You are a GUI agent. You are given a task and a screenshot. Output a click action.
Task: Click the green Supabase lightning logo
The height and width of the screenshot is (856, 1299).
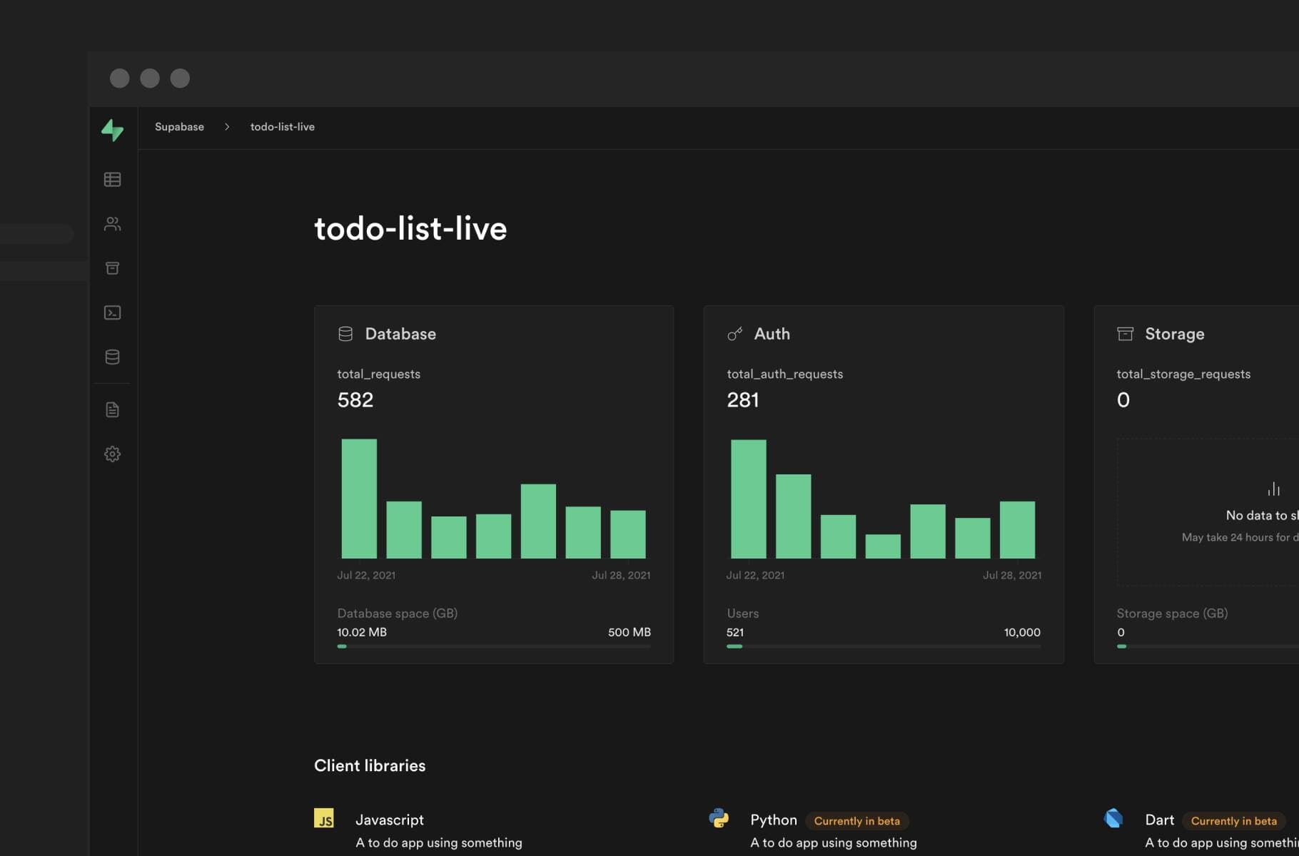point(112,130)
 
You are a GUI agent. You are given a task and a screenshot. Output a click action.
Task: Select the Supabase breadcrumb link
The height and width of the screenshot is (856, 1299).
point(179,127)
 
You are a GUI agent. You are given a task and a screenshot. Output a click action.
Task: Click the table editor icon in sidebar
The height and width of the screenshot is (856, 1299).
point(112,180)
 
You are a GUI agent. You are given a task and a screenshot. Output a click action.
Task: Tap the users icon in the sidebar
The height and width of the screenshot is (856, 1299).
point(112,224)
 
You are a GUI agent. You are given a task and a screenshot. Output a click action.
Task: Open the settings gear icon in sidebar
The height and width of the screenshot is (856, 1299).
point(112,454)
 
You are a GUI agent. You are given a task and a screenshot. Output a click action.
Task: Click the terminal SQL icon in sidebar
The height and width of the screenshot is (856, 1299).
point(112,313)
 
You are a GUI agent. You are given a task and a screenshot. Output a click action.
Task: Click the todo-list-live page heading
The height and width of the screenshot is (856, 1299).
point(410,229)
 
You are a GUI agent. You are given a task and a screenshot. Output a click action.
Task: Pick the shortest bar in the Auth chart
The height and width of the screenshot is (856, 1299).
point(883,546)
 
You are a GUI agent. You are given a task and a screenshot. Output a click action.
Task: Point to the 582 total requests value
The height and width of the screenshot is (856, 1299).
point(355,400)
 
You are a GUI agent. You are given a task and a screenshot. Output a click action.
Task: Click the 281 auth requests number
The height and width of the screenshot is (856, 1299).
point(742,400)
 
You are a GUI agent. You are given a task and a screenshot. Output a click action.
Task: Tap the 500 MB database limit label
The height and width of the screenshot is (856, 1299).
point(629,633)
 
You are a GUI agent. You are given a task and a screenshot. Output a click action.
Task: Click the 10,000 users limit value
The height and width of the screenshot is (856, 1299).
point(1021,633)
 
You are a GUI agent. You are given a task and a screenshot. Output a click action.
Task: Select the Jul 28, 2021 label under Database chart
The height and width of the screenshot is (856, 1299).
point(621,576)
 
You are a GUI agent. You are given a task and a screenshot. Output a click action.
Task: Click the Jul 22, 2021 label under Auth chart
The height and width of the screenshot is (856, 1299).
point(755,576)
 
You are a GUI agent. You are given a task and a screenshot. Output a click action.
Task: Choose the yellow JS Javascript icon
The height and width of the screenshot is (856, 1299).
point(324,818)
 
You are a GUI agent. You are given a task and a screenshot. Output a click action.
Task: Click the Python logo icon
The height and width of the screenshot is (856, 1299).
point(719,818)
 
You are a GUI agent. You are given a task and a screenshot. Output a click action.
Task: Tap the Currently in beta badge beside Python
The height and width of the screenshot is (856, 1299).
point(856,821)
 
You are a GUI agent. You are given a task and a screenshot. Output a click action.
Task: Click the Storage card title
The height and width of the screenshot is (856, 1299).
point(1174,334)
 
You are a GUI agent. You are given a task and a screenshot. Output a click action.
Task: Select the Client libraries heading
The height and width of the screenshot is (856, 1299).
point(370,765)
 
